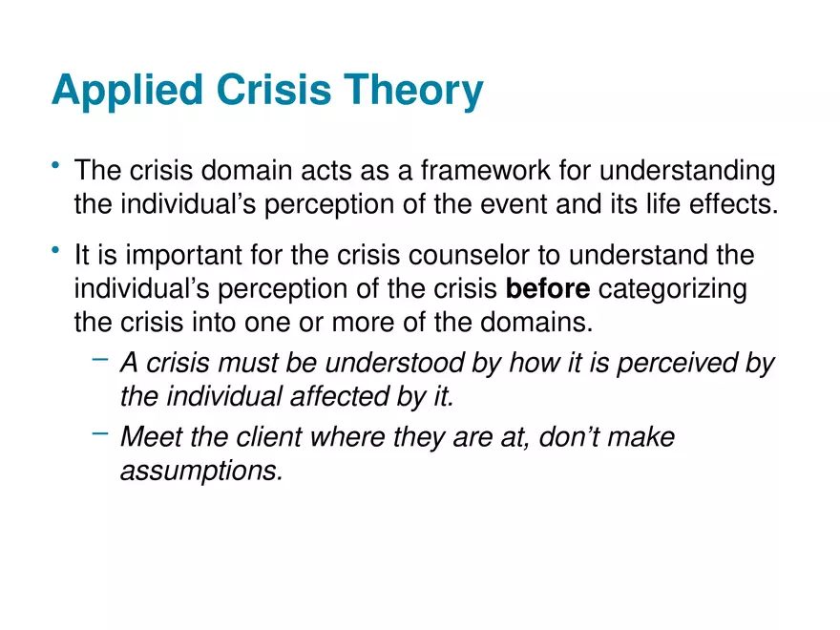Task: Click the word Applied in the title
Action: coord(127,93)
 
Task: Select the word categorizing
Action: coord(673,289)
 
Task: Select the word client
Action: coord(266,438)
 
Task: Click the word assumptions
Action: coord(201,471)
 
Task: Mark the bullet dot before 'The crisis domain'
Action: coord(57,169)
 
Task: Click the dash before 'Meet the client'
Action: coord(100,434)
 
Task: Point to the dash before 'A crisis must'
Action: coord(100,360)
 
